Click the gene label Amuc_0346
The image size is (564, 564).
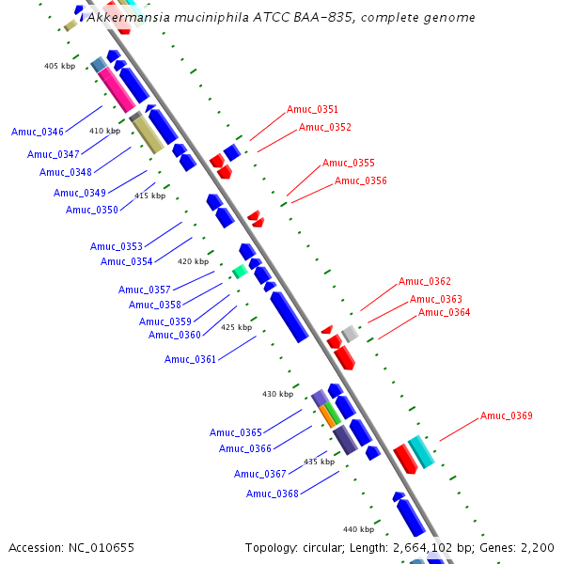(x=38, y=132)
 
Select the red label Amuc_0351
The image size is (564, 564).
(x=312, y=110)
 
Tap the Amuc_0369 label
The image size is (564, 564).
(x=506, y=415)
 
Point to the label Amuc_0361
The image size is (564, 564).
(x=190, y=359)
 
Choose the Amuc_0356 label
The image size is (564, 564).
(x=360, y=180)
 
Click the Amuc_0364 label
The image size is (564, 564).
(x=444, y=312)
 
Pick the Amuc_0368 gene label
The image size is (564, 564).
(x=273, y=493)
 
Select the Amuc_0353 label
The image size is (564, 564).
(x=117, y=246)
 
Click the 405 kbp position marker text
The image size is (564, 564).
(x=59, y=66)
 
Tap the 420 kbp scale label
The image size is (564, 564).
(x=193, y=261)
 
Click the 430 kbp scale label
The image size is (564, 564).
(x=277, y=394)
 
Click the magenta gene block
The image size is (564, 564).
(x=119, y=91)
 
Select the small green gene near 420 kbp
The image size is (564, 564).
(x=240, y=272)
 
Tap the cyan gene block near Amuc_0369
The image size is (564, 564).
(x=421, y=451)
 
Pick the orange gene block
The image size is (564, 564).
(x=327, y=415)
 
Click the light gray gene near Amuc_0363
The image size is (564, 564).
(x=350, y=333)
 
